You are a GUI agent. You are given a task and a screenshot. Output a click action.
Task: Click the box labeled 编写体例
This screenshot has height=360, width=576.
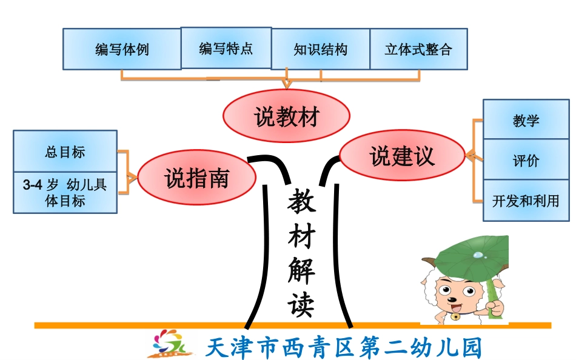(122, 49)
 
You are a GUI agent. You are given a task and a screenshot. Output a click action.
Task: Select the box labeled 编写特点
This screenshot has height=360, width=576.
(226, 48)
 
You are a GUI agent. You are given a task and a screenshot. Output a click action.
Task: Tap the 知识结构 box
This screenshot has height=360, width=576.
(320, 49)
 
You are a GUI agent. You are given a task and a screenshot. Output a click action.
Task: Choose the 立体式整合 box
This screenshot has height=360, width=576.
(418, 49)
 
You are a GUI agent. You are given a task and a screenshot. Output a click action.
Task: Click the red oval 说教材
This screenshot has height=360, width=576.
(287, 116)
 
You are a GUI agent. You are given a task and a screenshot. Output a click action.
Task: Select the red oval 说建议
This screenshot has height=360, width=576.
(402, 156)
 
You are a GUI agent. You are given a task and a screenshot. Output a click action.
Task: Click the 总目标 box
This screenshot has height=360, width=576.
(65, 152)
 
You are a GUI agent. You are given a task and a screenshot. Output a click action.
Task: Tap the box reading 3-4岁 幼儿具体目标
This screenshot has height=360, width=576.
(65, 193)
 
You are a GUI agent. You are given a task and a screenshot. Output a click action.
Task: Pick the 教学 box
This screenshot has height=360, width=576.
(526, 120)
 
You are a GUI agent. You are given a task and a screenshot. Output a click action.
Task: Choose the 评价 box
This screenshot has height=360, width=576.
(526, 161)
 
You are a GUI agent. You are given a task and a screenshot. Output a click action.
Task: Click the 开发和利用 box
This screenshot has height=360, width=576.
(526, 201)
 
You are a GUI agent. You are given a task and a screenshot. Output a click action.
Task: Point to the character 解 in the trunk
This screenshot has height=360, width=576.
(301, 270)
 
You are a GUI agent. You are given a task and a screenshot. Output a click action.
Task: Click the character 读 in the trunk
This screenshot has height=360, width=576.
(301, 302)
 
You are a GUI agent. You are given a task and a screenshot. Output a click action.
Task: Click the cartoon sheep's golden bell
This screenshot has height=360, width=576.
(454, 315)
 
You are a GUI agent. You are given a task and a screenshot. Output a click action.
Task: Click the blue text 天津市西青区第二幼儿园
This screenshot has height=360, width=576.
(343, 347)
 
